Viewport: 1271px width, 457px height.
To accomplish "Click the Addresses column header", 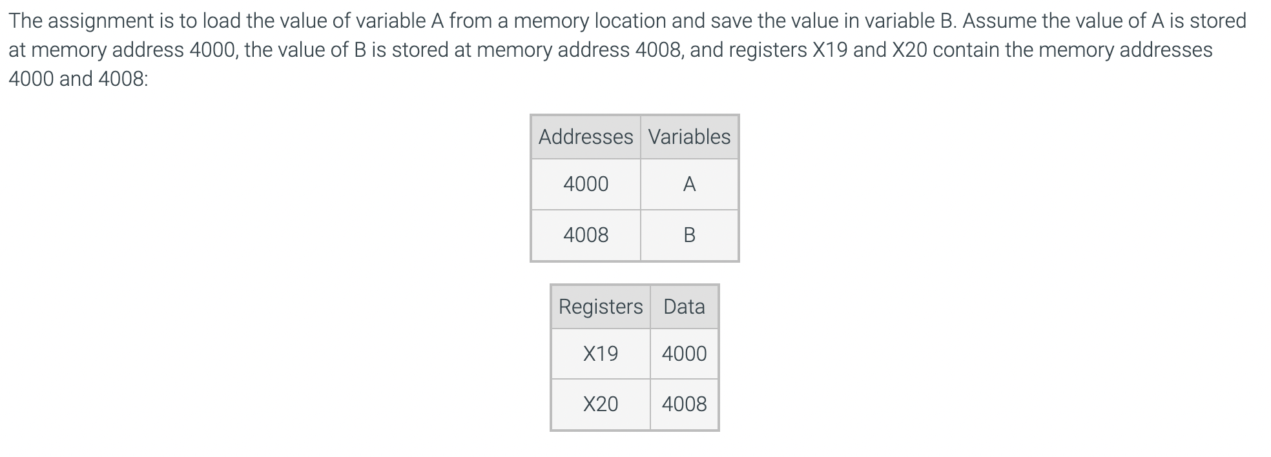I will tap(586, 137).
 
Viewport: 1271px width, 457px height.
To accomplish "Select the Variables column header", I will tap(689, 137).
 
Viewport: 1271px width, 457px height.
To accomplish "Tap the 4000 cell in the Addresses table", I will tap(586, 184).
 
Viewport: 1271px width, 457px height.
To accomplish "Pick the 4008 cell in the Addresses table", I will tap(586, 235).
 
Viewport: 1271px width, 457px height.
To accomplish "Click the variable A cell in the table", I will tap(689, 185).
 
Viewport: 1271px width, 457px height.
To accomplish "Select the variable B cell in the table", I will tap(689, 235).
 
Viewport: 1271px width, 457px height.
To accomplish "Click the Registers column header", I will tap(601, 307).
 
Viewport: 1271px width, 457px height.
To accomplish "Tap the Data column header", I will tap(684, 307).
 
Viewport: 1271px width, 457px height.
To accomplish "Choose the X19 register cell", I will tap(601, 354).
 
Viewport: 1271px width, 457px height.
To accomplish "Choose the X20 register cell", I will tap(601, 404).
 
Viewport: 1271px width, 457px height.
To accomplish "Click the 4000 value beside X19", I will tap(684, 354).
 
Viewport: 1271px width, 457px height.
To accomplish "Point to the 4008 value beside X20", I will tap(684, 404).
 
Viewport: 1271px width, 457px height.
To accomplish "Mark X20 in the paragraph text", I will tap(909, 50).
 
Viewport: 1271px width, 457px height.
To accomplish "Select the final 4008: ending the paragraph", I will tap(123, 79).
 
